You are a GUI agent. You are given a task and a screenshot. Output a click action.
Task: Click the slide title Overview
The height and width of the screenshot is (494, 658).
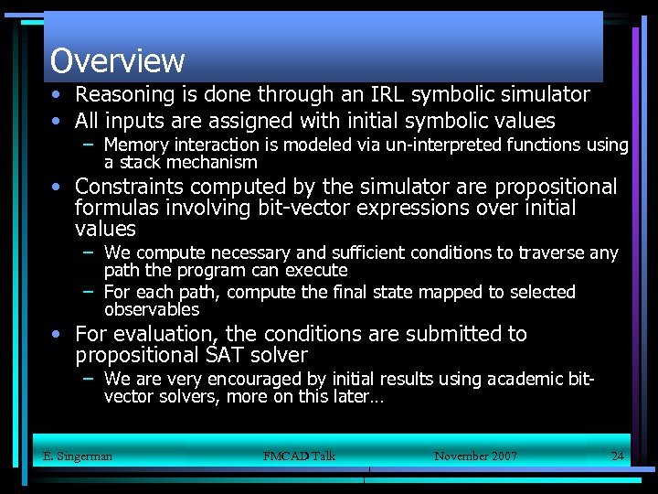[x=117, y=60]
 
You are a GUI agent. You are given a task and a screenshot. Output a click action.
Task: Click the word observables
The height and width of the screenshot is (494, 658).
[x=152, y=309]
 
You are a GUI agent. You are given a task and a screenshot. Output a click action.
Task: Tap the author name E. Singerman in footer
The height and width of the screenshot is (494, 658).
[x=78, y=456]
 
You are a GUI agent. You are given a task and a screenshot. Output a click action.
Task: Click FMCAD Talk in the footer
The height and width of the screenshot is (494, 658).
[x=299, y=456]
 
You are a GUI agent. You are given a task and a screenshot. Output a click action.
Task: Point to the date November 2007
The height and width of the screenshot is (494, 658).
[x=475, y=456]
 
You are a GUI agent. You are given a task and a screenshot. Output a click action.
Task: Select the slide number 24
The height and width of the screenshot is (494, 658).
[x=617, y=456]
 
